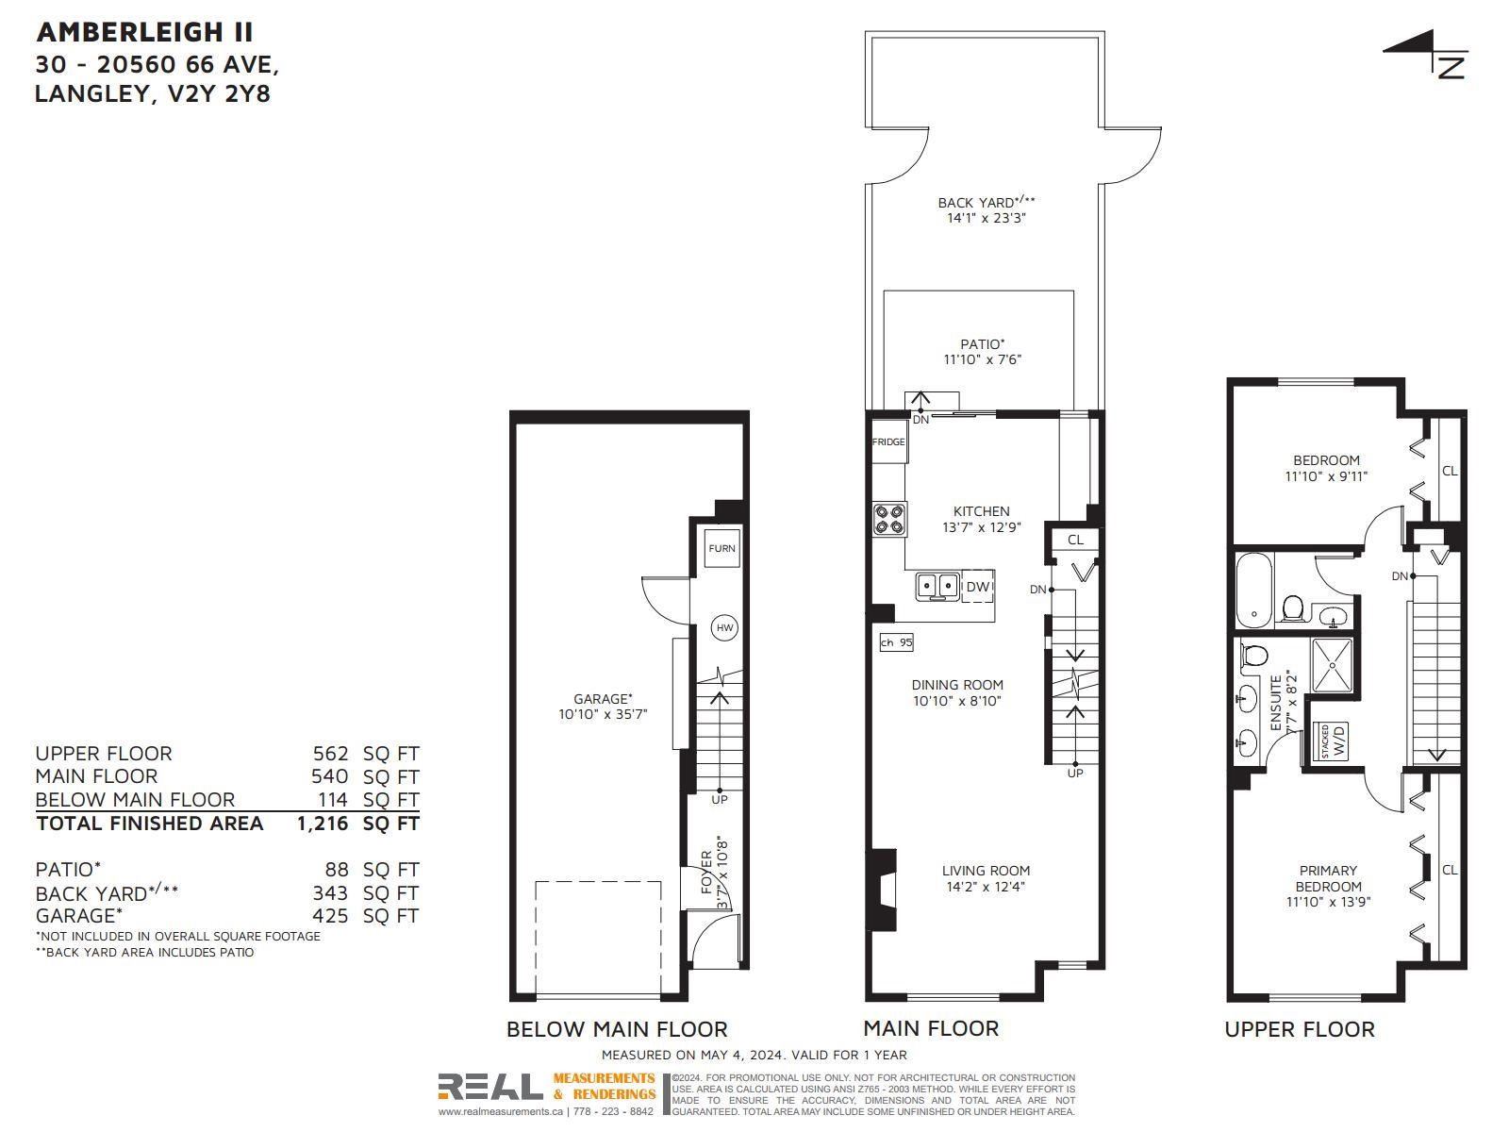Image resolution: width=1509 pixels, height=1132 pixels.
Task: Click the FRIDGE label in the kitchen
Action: coord(887,441)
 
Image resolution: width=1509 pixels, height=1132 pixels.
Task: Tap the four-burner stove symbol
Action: coord(889,520)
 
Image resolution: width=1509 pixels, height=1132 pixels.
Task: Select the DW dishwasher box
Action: coord(978,586)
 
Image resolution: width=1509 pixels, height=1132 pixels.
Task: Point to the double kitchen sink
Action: coord(937,586)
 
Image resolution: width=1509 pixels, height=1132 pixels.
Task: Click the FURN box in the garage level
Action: coord(721,548)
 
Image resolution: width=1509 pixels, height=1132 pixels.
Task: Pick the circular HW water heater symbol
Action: coord(724,627)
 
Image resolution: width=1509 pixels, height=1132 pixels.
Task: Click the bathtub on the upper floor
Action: coord(1254,591)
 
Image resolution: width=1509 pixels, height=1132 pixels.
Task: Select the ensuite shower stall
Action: coord(1333,665)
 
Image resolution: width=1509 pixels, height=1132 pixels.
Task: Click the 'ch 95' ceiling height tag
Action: coord(896,642)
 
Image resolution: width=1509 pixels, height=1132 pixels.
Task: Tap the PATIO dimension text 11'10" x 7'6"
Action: coord(983,359)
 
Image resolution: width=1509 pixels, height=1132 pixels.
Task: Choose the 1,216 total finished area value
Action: coord(322,824)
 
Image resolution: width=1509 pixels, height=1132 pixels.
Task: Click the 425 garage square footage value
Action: coord(330,915)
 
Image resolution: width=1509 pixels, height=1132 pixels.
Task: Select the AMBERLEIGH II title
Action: coord(145,32)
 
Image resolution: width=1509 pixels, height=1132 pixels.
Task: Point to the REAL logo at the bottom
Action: coord(490,1087)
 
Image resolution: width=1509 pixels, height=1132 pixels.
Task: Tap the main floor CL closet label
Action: coord(1076,541)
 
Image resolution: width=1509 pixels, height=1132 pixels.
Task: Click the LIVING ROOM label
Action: coord(986,870)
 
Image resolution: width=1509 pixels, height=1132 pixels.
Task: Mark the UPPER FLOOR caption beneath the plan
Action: coord(1300,1029)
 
